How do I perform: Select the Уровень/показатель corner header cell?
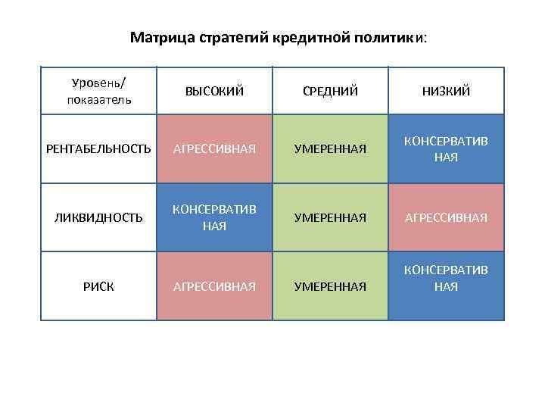99,90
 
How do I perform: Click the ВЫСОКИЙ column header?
215,91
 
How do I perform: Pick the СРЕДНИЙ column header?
331,91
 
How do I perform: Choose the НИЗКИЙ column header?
446,91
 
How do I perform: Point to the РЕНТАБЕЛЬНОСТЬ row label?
99,149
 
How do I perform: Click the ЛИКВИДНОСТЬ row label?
99,217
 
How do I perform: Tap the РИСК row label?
99,286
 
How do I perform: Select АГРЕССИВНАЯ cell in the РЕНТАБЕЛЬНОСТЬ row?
215,149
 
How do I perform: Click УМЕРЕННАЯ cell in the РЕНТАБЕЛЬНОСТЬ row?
331,149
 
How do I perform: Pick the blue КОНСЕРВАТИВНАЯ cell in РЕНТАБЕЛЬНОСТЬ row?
446,149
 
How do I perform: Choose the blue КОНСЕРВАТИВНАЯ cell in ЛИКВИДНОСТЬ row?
215,217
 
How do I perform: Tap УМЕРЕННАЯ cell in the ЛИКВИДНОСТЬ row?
331,217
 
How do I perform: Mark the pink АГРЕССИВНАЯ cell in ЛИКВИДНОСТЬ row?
446,217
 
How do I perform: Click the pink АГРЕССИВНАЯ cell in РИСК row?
215,286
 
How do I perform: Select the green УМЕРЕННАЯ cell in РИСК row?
331,286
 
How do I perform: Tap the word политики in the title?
387,37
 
